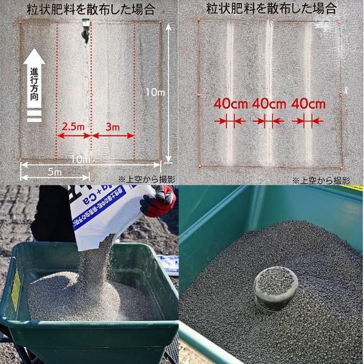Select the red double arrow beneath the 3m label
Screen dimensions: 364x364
(113, 135)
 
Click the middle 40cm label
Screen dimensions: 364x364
(269, 103)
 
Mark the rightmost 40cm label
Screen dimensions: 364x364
(308, 103)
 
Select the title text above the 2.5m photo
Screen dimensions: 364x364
(91, 9)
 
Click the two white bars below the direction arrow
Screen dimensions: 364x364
(35, 116)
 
